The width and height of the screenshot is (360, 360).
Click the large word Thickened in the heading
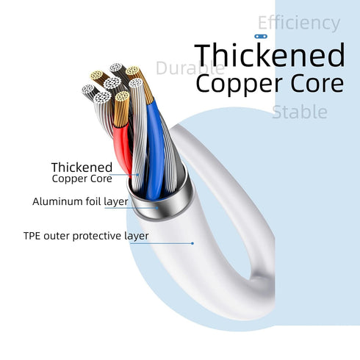[270, 55]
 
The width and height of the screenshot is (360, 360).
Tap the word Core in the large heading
[317, 84]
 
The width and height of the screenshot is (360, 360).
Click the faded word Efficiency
[299, 24]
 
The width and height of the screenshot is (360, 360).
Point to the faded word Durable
[190, 68]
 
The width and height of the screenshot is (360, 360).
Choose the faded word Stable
[300, 112]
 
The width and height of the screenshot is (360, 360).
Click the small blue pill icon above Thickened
[261, 37]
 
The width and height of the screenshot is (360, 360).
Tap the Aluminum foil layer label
[80, 201]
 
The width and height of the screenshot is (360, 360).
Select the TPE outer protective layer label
[86, 236]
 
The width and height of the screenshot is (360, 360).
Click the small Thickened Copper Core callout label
[82, 173]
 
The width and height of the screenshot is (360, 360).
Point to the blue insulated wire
[155, 149]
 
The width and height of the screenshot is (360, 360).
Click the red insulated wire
[123, 149]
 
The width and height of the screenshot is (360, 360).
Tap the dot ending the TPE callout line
[192, 243]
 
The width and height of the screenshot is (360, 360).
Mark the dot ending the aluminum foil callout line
[157, 208]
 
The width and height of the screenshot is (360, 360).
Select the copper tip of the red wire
[121, 109]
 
